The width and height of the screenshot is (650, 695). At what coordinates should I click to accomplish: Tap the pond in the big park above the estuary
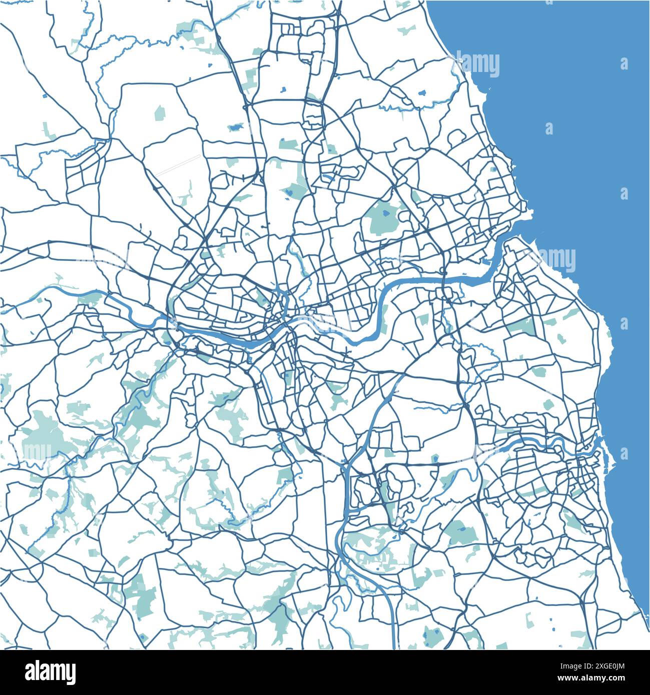click(386, 213)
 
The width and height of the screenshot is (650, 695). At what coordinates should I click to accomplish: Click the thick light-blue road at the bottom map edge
click(391, 640)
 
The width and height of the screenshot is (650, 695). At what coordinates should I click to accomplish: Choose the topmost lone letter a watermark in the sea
click(623, 64)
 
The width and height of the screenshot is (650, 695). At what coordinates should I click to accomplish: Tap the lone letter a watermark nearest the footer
click(623, 454)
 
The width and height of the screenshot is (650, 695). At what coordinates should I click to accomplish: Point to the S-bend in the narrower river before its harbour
click(550, 440)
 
